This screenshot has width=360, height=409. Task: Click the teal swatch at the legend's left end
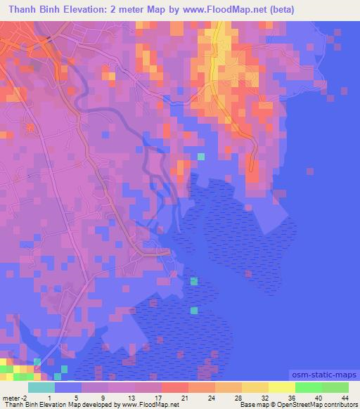click(41, 387)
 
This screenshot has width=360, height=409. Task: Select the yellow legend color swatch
click(282, 387)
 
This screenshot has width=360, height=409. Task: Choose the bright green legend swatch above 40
click(309, 387)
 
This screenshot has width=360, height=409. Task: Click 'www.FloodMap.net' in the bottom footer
click(149, 405)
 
